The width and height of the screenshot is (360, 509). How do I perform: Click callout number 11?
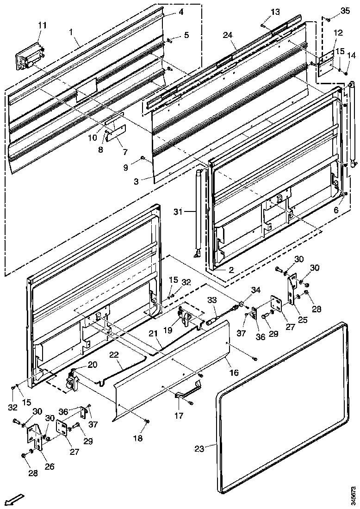click(x=42, y=26)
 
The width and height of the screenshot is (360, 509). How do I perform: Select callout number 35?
click(x=345, y=10)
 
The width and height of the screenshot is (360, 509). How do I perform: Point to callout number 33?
click(x=212, y=300)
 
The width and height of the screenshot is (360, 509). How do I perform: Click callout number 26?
click(x=49, y=466)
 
